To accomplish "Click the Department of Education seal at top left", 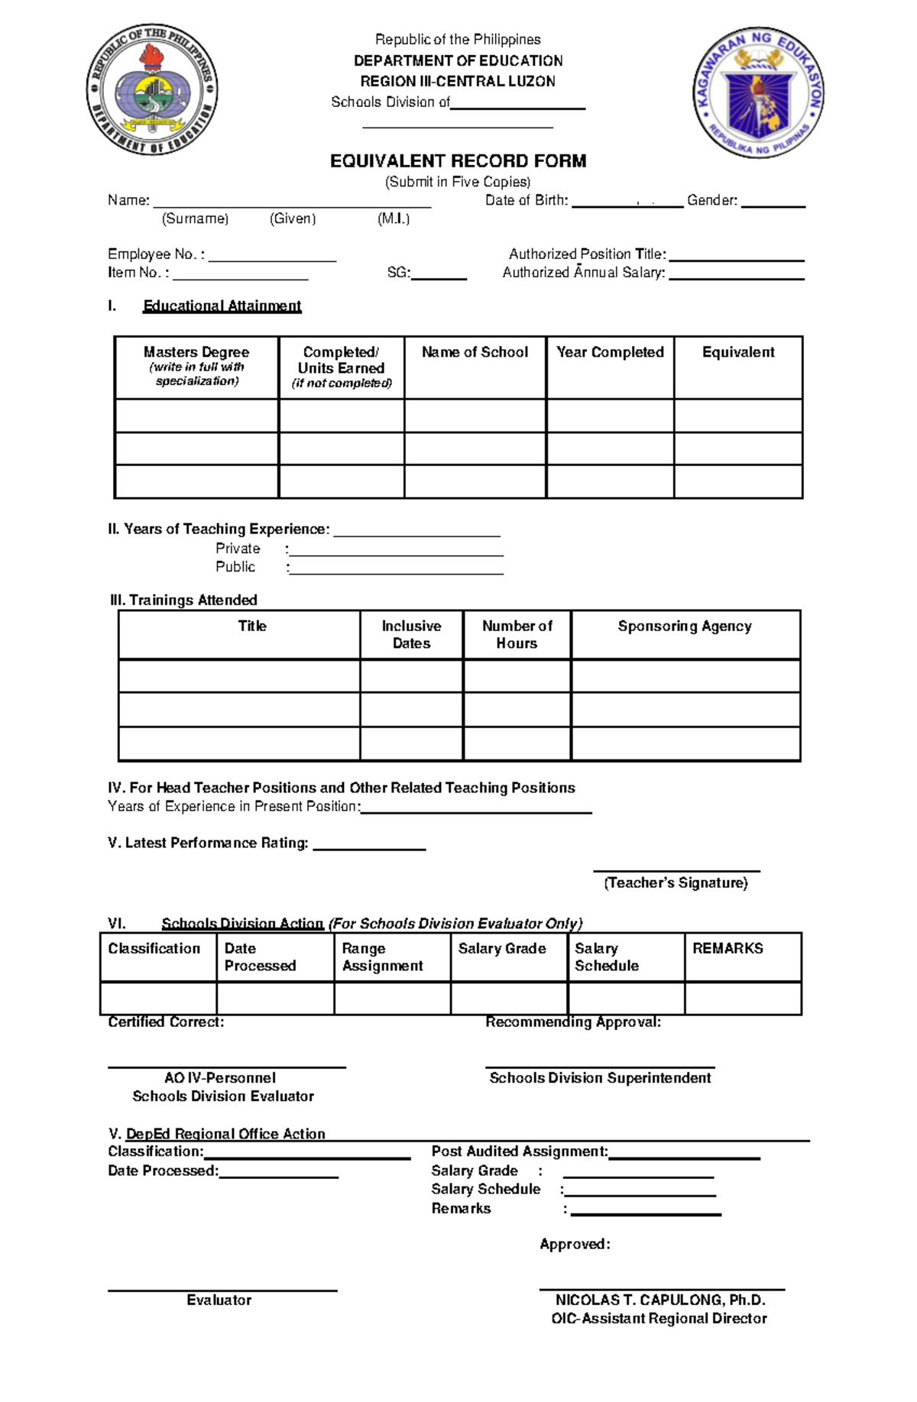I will tap(152, 89).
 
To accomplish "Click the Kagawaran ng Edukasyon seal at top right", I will tap(758, 93).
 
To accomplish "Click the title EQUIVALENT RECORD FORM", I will tap(458, 161).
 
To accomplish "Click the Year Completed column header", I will tap(610, 352).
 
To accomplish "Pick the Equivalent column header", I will tap(737, 352).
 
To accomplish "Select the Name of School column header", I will tap(475, 352).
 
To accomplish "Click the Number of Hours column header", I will tap(517, 634).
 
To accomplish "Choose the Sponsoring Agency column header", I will tap(685, 627).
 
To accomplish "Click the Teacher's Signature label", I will tap(676, 883).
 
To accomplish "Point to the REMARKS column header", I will tap(727, 948).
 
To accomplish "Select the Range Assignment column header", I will tap(382, 957).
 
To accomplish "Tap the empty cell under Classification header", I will tap(158, 998).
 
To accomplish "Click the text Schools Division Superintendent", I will tap(600, 1078).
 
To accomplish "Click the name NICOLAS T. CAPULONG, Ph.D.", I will tap(660, 1300).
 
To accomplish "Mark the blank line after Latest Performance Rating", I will tap(369, 846).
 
